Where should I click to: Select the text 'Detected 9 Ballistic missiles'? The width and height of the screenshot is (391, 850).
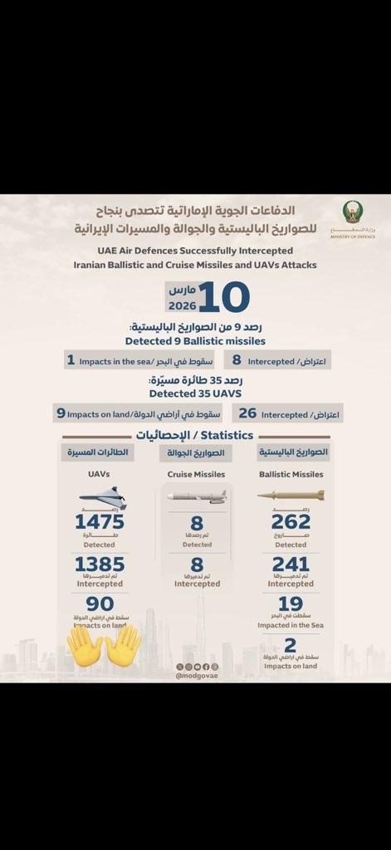[x=195, y=340]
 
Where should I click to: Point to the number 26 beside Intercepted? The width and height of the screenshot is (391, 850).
[x=247, y=413]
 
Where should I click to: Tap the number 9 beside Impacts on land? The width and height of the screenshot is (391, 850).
[x=61, y=413]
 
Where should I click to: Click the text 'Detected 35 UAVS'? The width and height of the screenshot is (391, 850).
[x=195, y=393]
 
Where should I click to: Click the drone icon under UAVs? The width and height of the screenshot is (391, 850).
[x=102, y=498]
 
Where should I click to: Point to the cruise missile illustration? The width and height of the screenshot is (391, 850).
[x=197, y=496]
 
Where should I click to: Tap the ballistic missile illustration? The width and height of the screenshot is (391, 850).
[x=291, y=496]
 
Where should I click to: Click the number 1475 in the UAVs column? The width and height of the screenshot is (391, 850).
[x=99, y=521]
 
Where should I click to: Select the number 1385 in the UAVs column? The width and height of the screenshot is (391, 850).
[x=99, y=565]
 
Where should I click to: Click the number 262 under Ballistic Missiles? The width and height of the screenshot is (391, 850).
[x=291, y=521]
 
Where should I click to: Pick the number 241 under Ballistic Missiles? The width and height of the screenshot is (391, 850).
[x=291, y=565]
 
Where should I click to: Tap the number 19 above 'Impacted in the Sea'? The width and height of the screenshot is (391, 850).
[x=291, y=604]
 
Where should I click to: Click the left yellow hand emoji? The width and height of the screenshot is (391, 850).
[x=84, y=645]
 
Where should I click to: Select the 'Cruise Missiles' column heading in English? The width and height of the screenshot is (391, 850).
[x=197, y=475]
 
